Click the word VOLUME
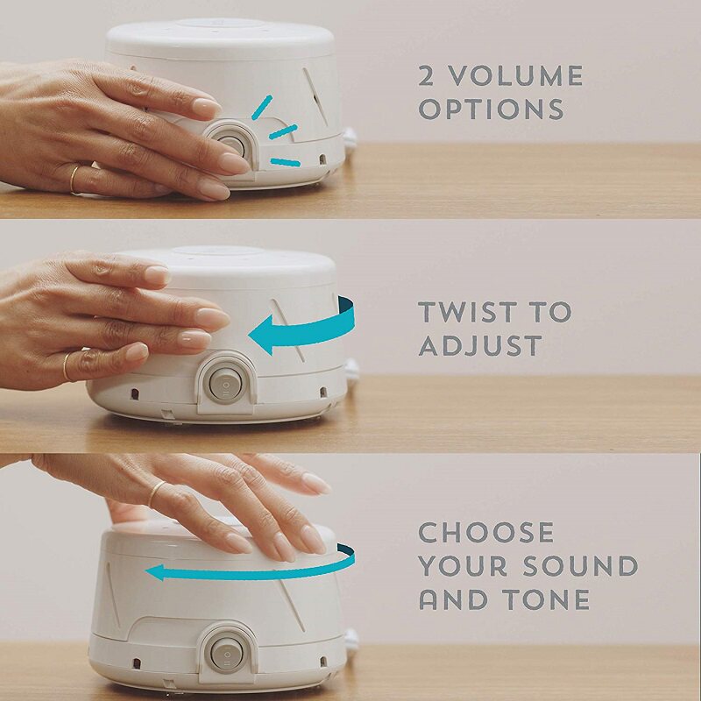pyautogui.click(x=516, y=75)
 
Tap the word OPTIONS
pyautogui.click(x=492, y=109)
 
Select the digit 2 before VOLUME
pyautogui.click(x=427, y=75)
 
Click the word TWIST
pyautogui.click(x=466, y=312)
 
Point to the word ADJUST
pyautogui.click(x=480, y=345)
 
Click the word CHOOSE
pyautogui.click(x=486, y=532)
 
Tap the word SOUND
pyautogui.click(x=580, y=565)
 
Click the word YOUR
pyautogui.click(x=464, y=565)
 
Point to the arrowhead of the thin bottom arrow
pyautogui.click(x=154, y=572)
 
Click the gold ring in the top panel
pyautogui.click(x=74, y=180)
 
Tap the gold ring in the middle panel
pyautogui.click(x=67, y=366)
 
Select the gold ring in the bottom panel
pyautogui.click(x=157, y=493)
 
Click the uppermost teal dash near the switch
pyautogui.click(x=262, y=108)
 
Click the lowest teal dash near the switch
pyautogui.click(x=286, y=162)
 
